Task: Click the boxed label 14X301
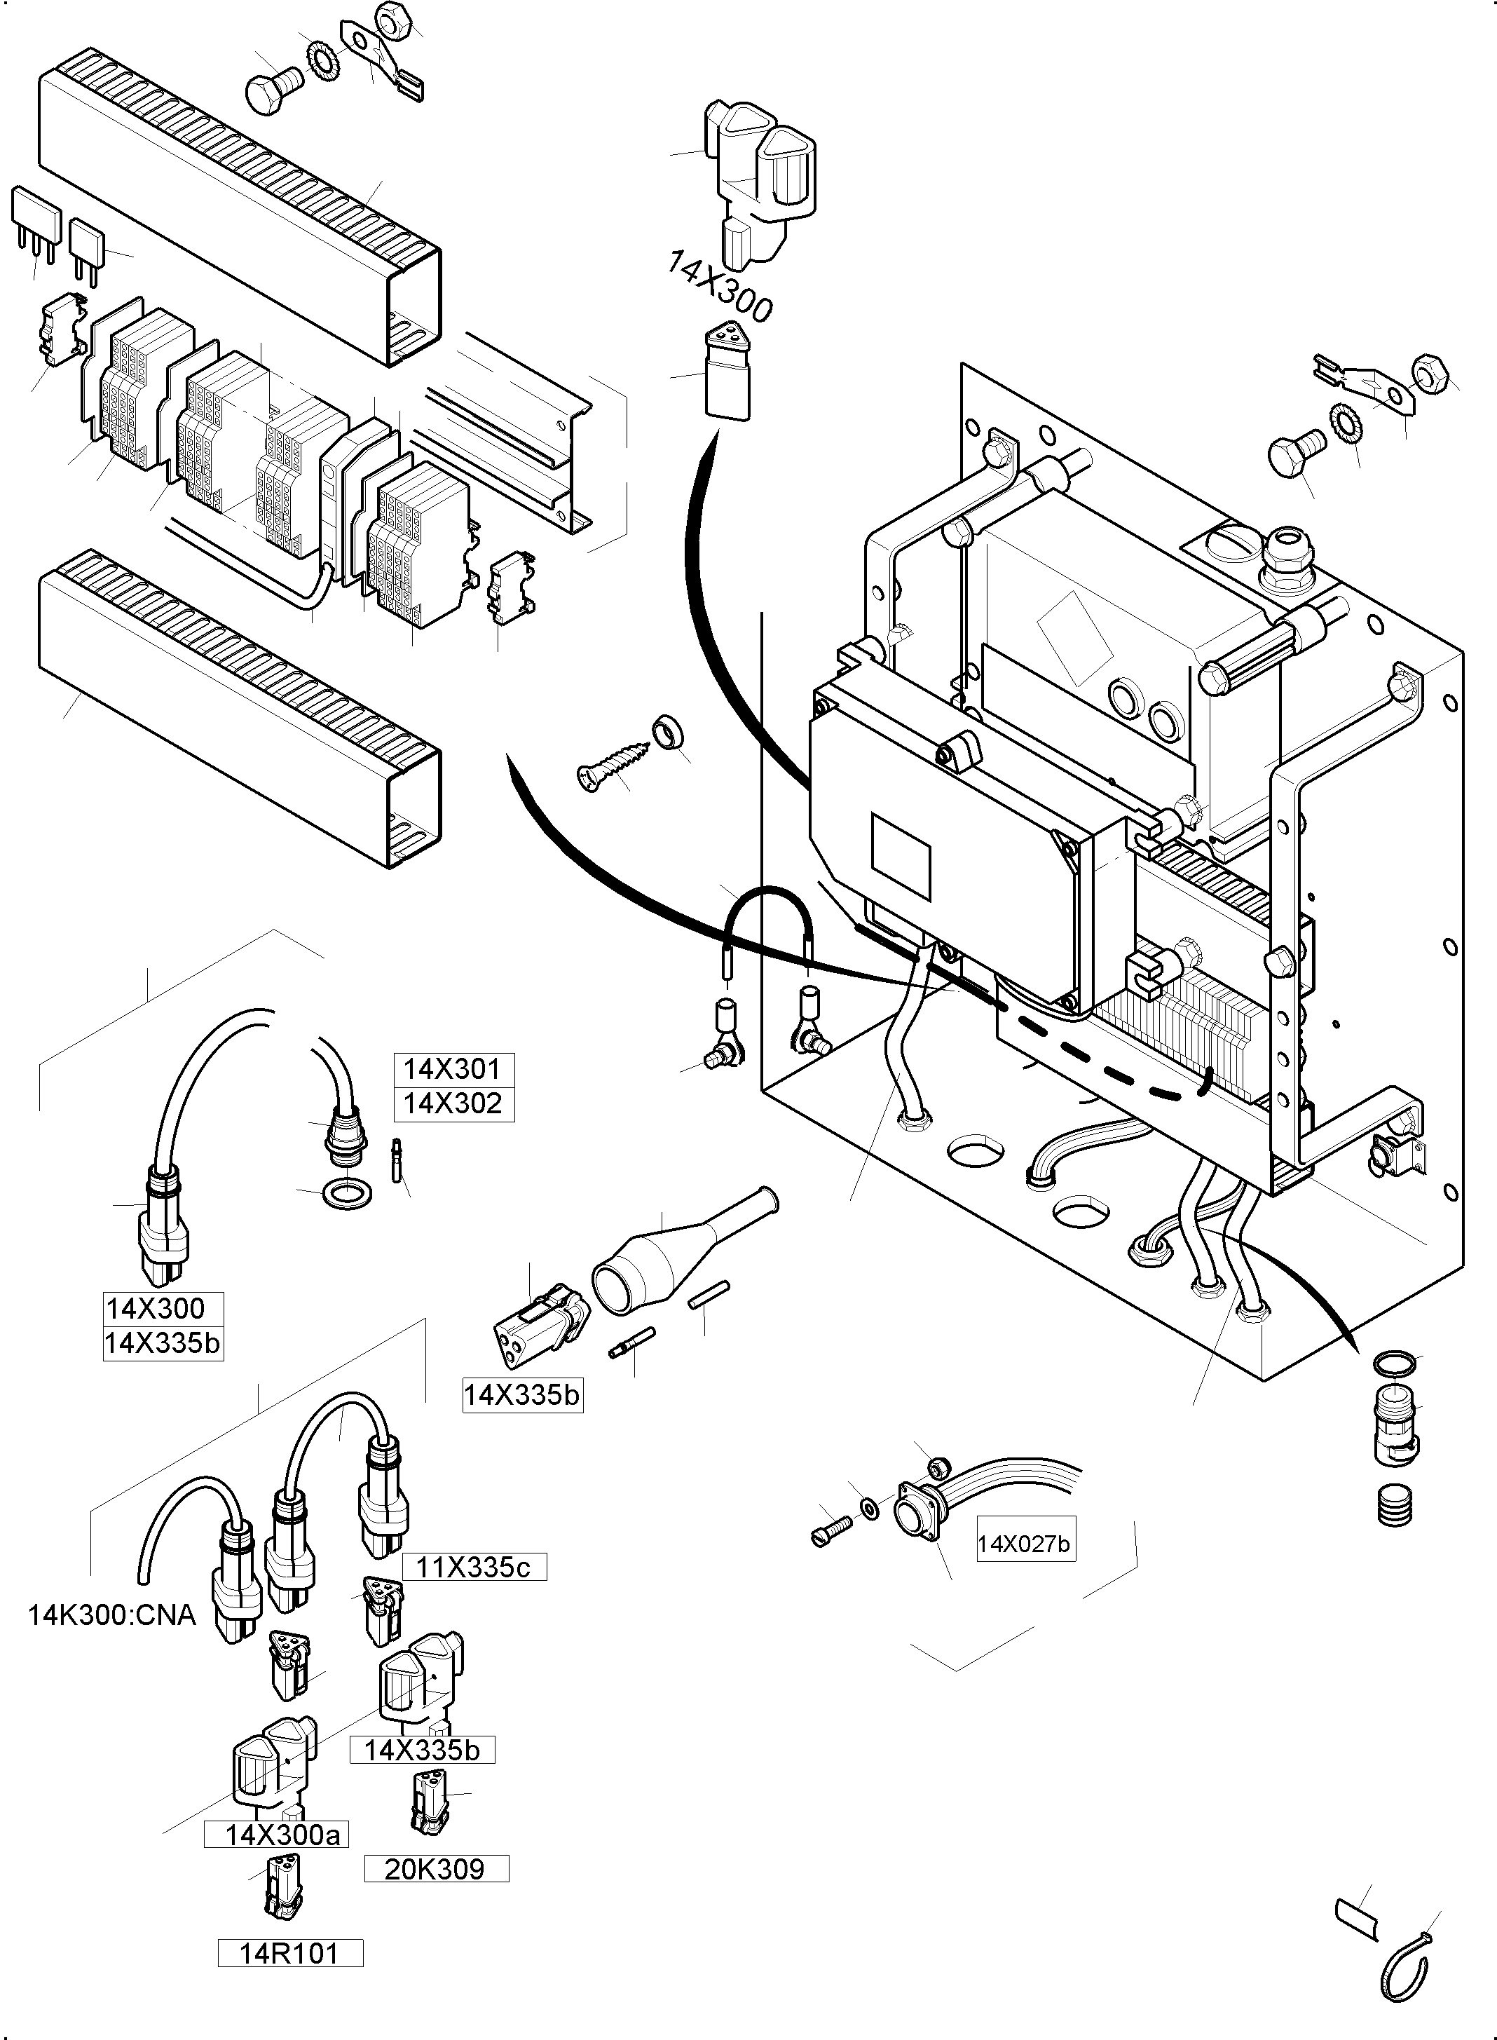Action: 453,1069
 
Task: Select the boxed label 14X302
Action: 453,1104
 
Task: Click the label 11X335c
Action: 473,1567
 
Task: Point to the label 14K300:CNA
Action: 111,1615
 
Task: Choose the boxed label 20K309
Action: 435,1869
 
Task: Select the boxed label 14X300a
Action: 282,1835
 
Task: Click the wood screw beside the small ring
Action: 613,766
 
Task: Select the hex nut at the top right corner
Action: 1430,372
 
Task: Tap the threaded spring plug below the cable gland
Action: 1395,1505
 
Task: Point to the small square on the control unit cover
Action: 901,855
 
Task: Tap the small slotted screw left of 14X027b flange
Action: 833,1532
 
